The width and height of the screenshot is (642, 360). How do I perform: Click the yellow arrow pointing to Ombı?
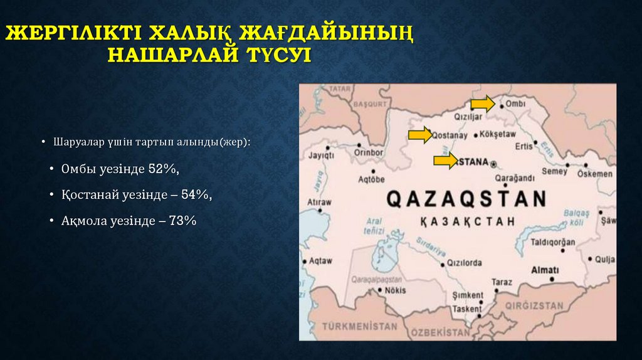[x=482, y=103]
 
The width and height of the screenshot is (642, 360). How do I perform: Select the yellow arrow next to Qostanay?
[x=419, y=135]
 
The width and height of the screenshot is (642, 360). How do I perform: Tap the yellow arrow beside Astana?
[x=445, y=161]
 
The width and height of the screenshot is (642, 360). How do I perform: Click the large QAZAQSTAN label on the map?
[x=466, y=199]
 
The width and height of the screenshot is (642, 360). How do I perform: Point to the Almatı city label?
[x=544, y=270]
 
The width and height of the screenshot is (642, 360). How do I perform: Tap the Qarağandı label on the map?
[x=514, y=177]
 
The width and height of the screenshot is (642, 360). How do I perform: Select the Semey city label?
[x=554, y=171]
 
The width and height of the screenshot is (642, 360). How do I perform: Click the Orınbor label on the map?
[x=369, y=152]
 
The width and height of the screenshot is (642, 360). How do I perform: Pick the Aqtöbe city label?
[x=371, y=179]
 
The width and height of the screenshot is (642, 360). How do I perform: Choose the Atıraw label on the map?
[x=319, y=203]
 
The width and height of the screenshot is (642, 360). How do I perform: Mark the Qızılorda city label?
[x=464, y=263]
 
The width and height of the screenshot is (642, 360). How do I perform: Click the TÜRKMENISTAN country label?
[x=360, y=326]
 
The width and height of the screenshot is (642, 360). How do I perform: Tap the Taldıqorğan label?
[x=553, y=242]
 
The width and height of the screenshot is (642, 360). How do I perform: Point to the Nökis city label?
[x=394, y=290]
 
